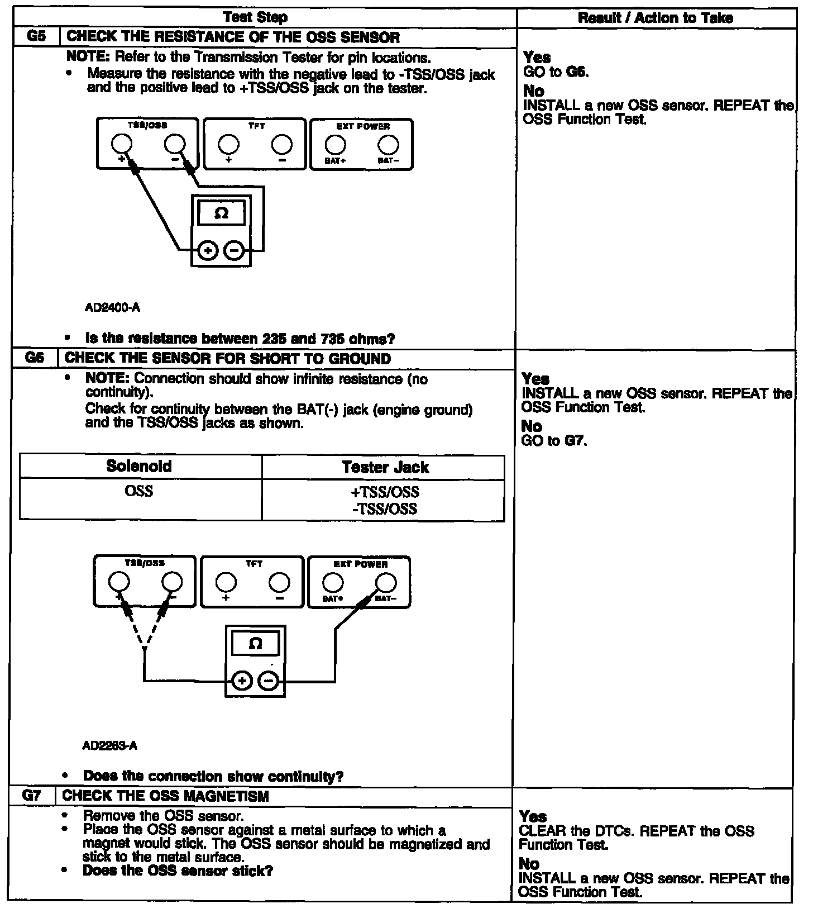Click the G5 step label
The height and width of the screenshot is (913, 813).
(35, 37)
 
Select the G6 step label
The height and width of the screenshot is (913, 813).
(35, 358)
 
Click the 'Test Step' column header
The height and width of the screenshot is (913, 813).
(255, 17)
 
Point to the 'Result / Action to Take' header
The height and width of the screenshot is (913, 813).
(656, 18)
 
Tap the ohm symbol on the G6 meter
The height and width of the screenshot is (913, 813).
(255, 644)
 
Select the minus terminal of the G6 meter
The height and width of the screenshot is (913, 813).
(269, 681)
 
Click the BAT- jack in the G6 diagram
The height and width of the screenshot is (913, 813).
(386, 583)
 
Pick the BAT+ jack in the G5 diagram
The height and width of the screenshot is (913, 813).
(335, 145)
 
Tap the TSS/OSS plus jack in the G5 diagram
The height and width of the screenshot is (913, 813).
(121, 145)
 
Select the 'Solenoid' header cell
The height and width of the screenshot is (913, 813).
(139, 467)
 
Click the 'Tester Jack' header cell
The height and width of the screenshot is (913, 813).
(385, 467)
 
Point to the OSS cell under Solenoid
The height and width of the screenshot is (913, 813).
(139, 491)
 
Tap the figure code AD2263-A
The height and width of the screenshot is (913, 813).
(109, 745)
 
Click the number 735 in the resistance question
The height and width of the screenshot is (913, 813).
(333, 339)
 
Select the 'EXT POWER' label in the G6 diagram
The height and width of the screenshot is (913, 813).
(360, 564)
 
